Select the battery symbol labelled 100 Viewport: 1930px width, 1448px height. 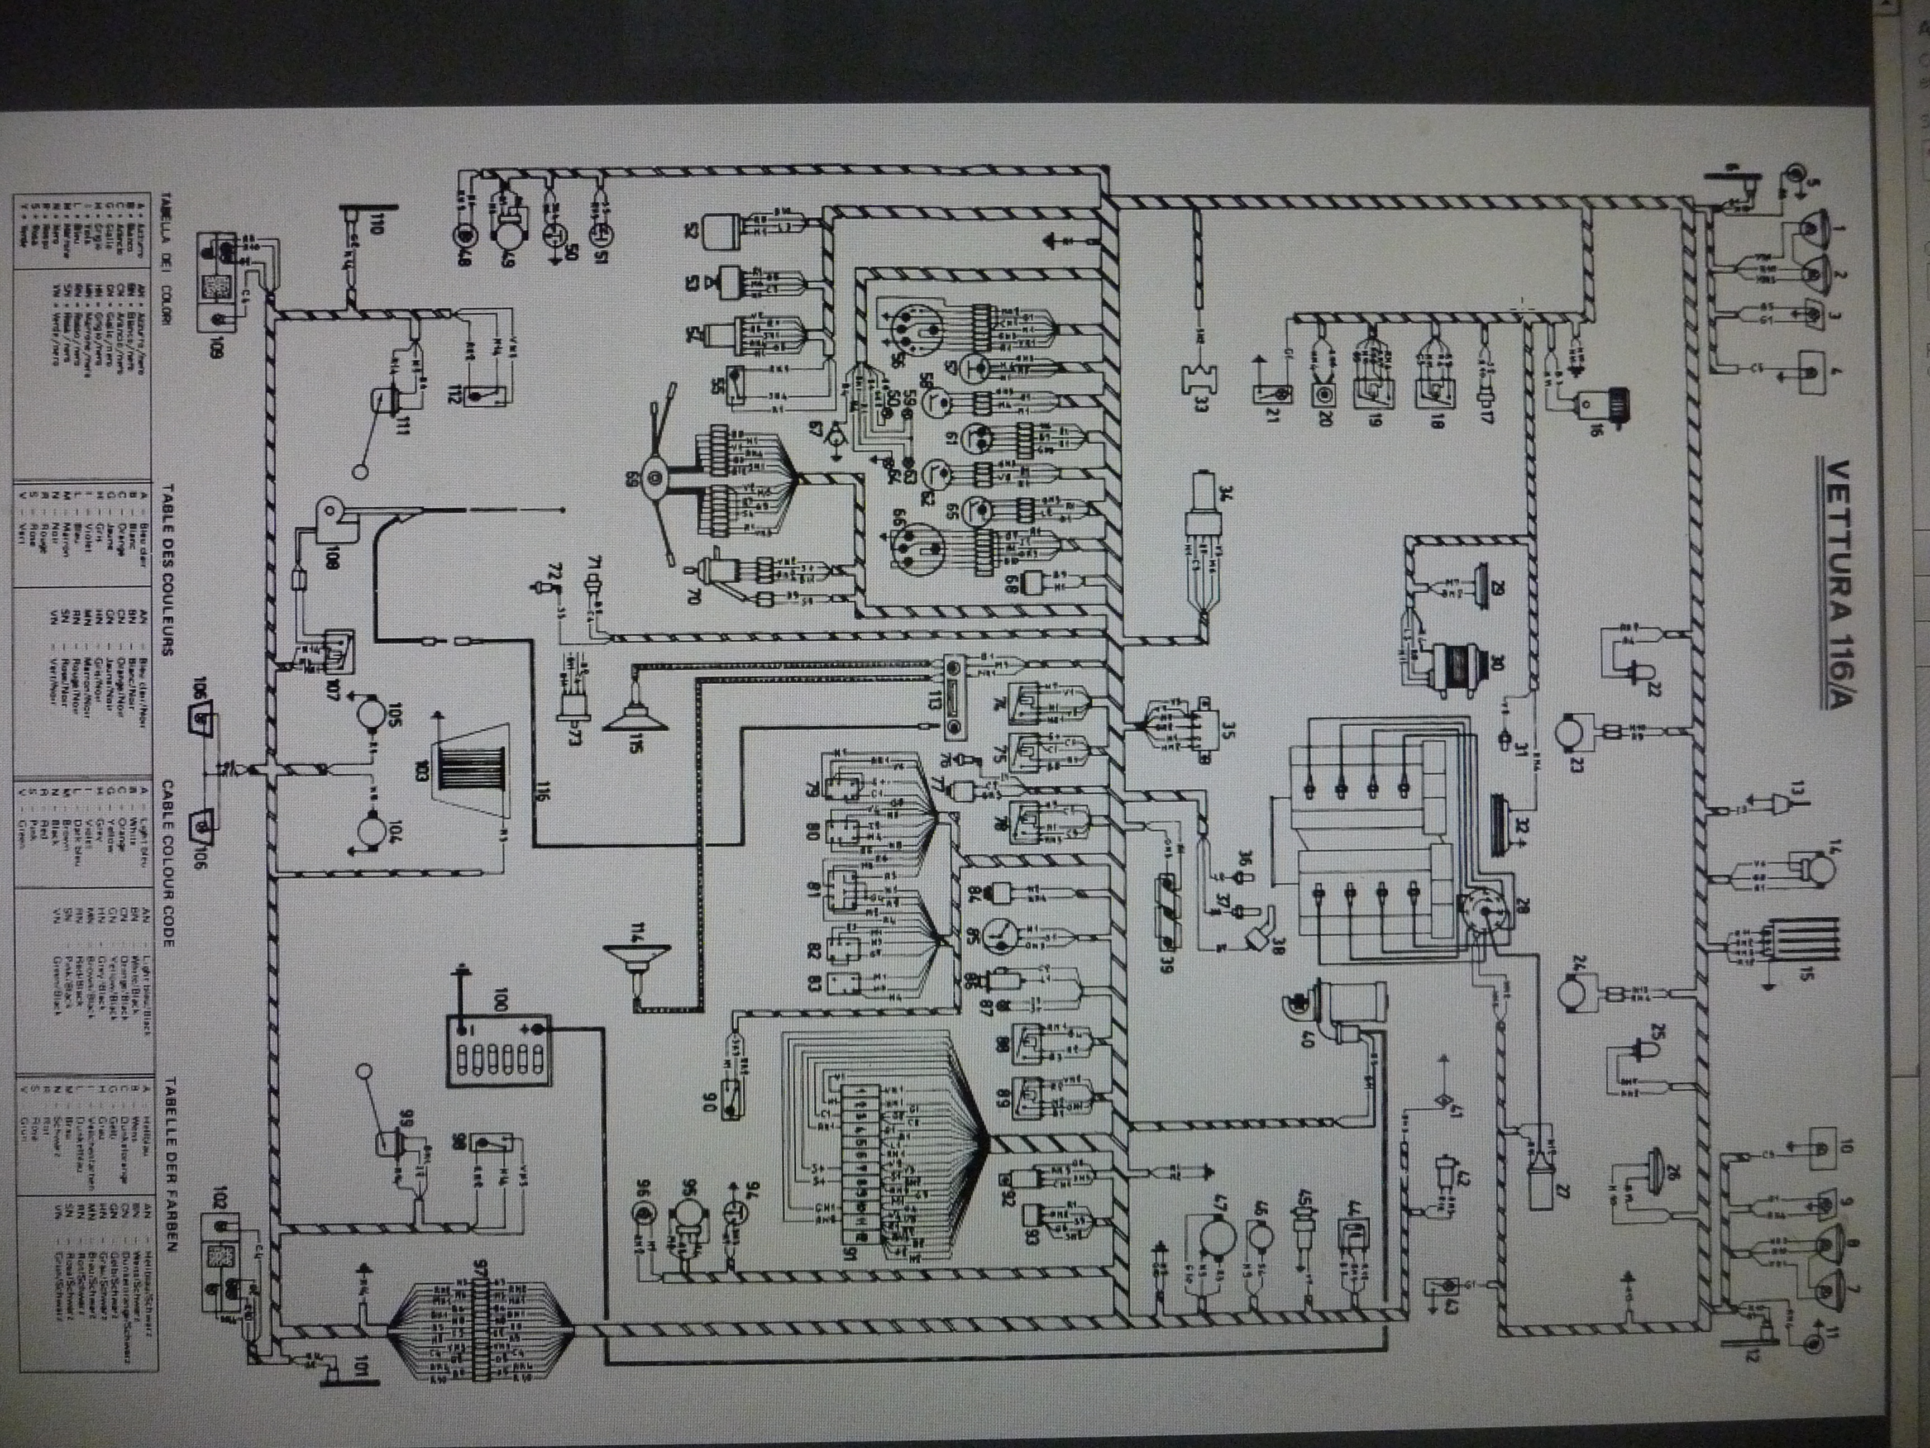click(x=498, y=1064)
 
